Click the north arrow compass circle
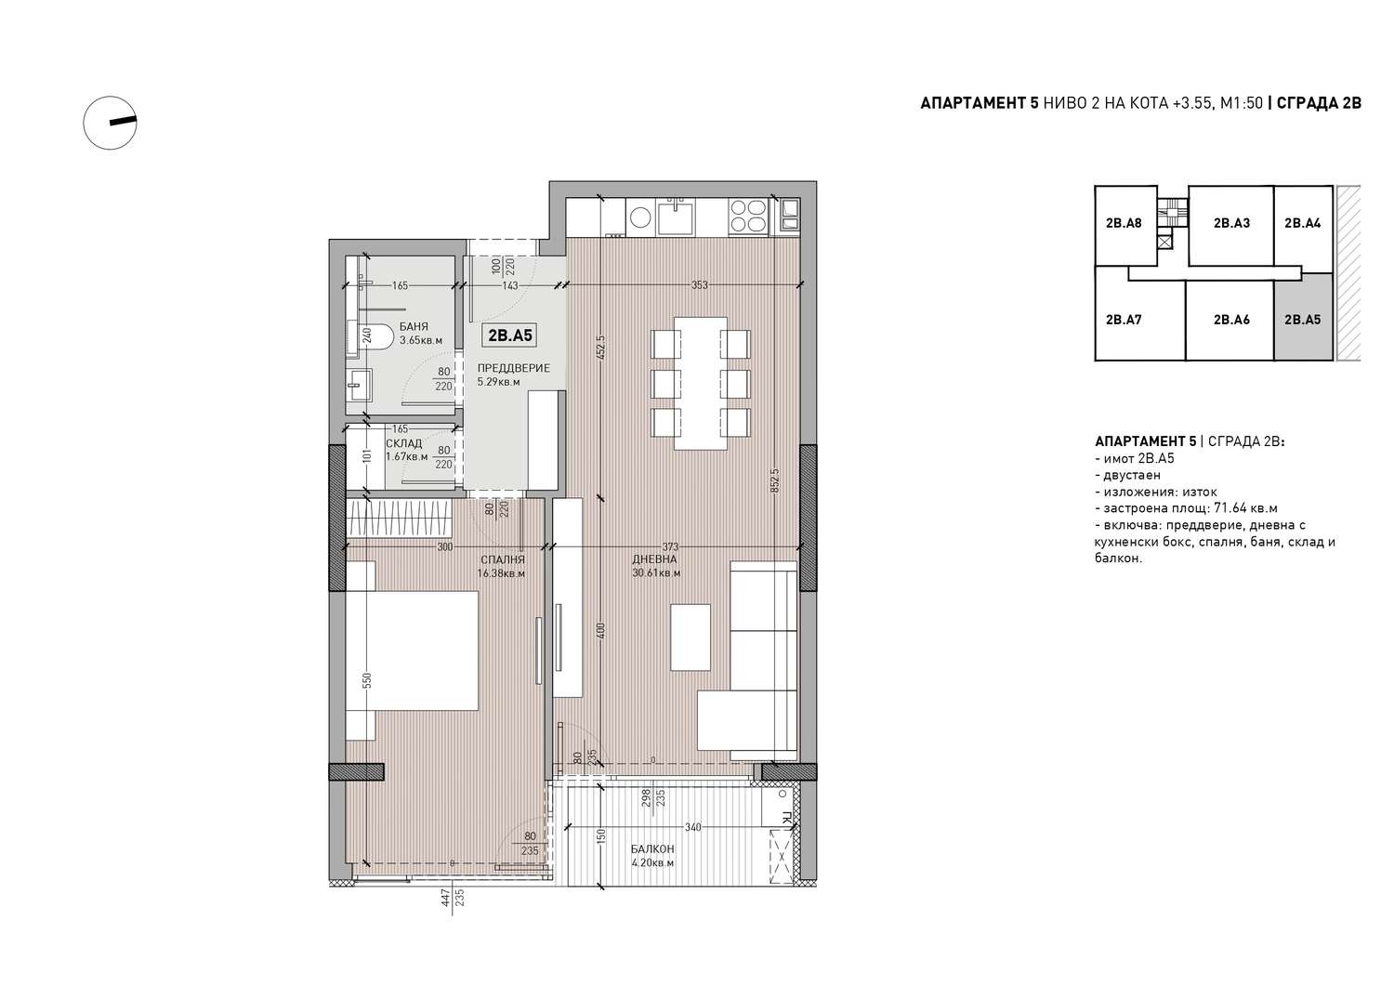point(84,124)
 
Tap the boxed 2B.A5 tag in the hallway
point(510,335)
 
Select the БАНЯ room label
point(414,326)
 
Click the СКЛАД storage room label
point(404,443)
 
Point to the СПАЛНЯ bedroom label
point(503,559)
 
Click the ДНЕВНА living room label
point(654,559)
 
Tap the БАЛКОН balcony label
point(652,848)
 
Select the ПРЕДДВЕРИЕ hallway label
point(513,368)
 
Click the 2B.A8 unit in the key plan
point(1124,223)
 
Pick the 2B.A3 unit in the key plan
point(1231,223)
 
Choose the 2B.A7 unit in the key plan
point(1124,320)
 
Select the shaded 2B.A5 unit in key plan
point(1303,320)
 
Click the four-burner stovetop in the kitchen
point(748,216)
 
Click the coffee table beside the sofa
point(690,637)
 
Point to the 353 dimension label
point(700,285)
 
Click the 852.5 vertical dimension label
point(775,480)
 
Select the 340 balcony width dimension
point(692,827)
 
